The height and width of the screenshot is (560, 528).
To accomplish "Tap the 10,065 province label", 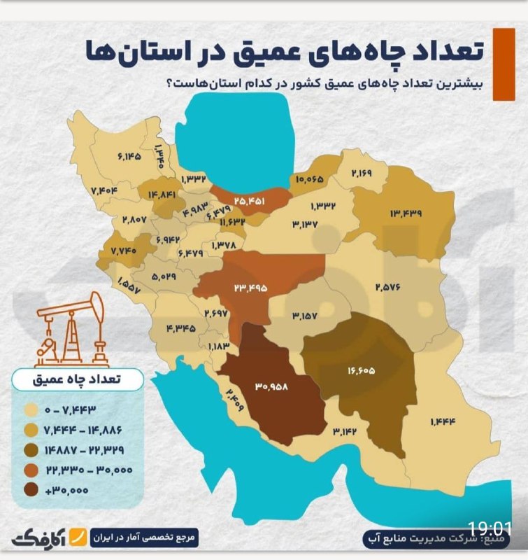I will point(310,179).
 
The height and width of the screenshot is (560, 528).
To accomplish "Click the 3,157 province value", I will point(305,316).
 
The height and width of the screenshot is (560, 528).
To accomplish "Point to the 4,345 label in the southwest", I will point(180,328).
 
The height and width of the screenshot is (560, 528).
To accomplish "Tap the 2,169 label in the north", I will point(363,173).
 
